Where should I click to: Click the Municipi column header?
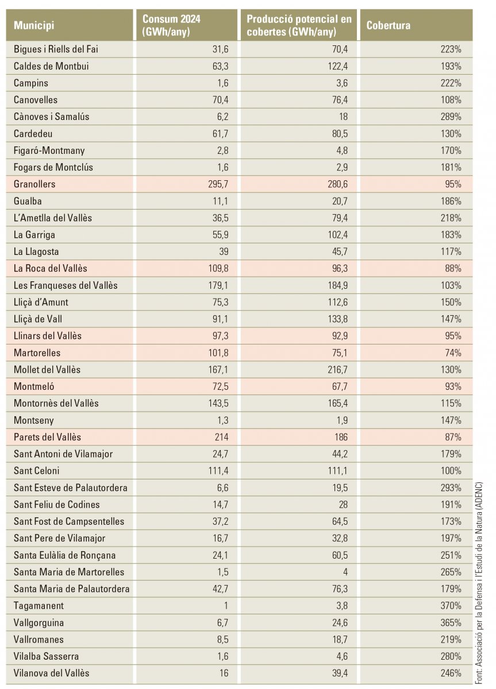pos(34,25)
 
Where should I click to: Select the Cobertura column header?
pos(389,25)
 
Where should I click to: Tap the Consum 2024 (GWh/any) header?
pos(171,25)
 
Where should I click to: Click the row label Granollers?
pos(34,184)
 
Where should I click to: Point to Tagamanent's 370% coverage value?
pos(451,605)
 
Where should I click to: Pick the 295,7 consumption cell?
pos(218,184)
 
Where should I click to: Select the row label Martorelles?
pos(37,353)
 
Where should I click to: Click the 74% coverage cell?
pos(453,353)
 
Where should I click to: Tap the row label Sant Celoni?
pos(36,471)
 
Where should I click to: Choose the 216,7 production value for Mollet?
pos(337,369)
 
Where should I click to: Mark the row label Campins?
pos(31,83)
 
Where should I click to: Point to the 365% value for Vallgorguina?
pos(451,622)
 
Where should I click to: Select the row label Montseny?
pos(33,420)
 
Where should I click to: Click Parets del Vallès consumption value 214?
pos(222,437)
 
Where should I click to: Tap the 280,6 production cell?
pos(337,184)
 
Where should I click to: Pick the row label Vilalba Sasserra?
pos(46,656)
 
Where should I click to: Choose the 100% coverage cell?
pos(451,471)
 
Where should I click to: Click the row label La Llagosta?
pos(36,251)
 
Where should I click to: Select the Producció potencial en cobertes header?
pos(299,25)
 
